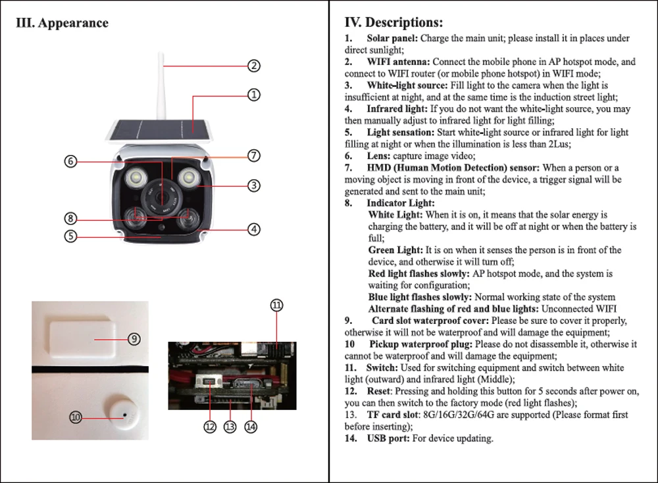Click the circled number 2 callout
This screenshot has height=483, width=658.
(254, 66)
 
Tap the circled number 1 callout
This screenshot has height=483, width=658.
(254, 95)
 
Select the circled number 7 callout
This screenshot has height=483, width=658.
(254, 156)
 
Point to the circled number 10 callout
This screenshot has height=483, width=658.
(76, 417)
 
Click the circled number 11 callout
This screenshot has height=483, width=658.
(276, 305)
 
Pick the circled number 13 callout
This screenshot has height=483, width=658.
(230, 427)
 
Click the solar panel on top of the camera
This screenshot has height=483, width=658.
(161, 131)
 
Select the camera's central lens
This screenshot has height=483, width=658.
(161, 196)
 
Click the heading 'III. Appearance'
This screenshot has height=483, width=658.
(62, 22)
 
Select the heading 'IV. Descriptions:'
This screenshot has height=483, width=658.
(393, 22)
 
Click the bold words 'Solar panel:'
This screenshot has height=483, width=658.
(392, 38)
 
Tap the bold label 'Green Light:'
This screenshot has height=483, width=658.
(395, 250)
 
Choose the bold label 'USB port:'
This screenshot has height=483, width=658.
(388, 438)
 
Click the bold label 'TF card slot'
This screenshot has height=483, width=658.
(393, 415)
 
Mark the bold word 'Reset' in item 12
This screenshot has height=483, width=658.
(378, 391)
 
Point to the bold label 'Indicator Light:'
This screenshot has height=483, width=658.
(401, 203)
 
